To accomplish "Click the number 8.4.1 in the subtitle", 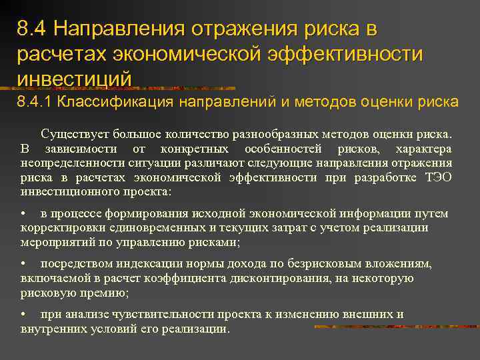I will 34,102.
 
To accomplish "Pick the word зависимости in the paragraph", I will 80,148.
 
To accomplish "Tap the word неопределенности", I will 69,163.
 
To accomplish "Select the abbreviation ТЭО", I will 438,177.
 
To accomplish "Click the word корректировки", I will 61,227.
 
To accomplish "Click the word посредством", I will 75,263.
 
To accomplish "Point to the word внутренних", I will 53,329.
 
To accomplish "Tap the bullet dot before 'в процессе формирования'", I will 23,214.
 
